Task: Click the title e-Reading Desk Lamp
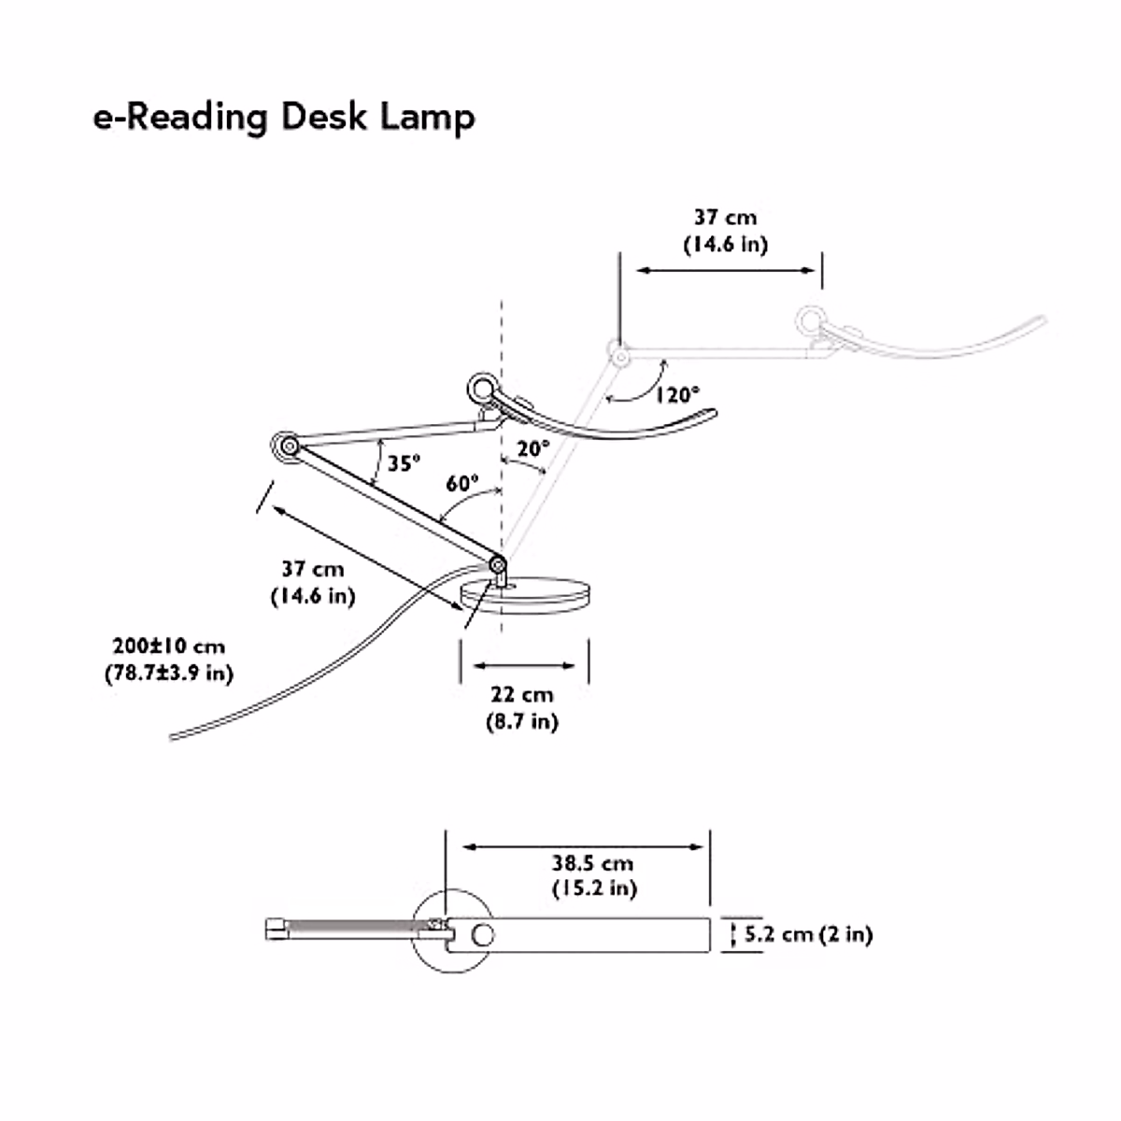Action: pyautogui.click(x=284, y=119)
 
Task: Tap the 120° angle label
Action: pyautogui.click(x=676, y=394)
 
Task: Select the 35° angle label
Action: pyautogui.click(x=404, y=462)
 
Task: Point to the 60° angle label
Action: pyautogui.click(x=461, y=484)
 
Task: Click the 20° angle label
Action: pyautogui.click(x=532, y=449)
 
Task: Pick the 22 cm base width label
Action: pyautogui.click(x=522, y=695)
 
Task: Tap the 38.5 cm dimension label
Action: pyautogui.click(x=592, y=863)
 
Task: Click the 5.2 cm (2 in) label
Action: pyautogui.click(x=808, y=934)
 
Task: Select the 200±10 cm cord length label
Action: pyautogui.click(x=169, y=646)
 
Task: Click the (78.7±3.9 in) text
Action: pyautogui.click(x=169, y=673)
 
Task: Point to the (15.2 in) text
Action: pyautogui.click(x=594, y=888)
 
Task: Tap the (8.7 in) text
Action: pyautogui.click(x=522, y=721)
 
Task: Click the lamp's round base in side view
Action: pyautogui.click(x=526, y=594)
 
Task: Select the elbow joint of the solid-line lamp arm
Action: pyautogui.click(x=285, y=447)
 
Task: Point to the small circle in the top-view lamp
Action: pyautogui.click(x=483, y=934)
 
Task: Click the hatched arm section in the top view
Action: pyautogui.click(x=355, y=929)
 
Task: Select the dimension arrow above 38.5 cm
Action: pyautogui.click(x=584, y=847)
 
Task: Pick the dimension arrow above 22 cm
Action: pyautogui.click(x=524, y=666)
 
